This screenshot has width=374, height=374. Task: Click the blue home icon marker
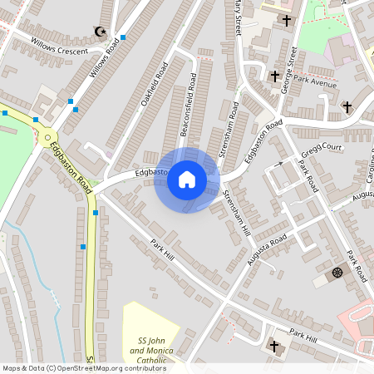coord(187,180)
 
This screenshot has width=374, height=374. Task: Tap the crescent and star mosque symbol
coord(102,32)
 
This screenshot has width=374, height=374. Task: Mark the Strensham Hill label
coord(237,213)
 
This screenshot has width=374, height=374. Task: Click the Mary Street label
coord(238,17)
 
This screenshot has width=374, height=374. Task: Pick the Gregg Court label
coord(323,148)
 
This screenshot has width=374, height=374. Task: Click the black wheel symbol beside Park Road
coord(337,272)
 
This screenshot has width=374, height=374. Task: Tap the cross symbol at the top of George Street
coord(288,20)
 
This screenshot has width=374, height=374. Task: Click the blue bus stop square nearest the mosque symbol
coord(123,37)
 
